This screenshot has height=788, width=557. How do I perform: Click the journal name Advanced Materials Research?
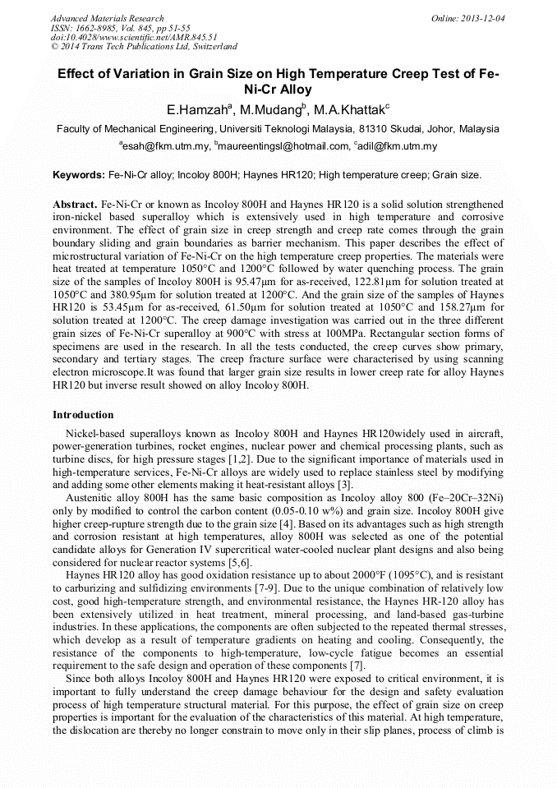pos(107,18)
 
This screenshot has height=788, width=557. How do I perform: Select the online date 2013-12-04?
pos(481,18)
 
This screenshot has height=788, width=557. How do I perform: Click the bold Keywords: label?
pos(78,175)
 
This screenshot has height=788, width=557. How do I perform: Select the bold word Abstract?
pos(75,203)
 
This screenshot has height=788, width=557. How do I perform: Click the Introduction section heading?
pos(83,415)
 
